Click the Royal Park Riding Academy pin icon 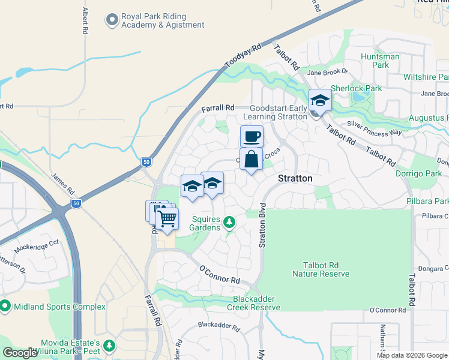[x=112, y=20]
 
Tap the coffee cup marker [x=252, y=137]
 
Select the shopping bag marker [x=252, y=160]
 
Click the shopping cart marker [x=167, y=218]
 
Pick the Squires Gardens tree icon [x=229, y=223]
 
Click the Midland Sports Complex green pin [x=5, y=307]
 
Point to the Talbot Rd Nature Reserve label [x=321, y=269]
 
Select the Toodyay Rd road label [x=244, y=56]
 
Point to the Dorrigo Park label [x=419, y=174]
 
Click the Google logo [x=20, y=353]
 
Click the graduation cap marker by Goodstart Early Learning [x=320, y=101]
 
